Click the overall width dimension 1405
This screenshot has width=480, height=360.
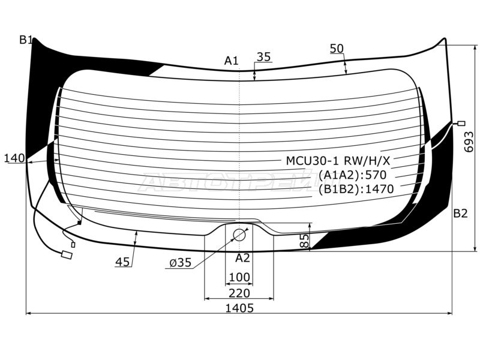pyautogui.click(x=239, y=308)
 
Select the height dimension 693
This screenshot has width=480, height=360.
pyautogui.click(x=469, y=142)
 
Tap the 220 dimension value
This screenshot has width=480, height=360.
pyautogui.click(x=239, y=293)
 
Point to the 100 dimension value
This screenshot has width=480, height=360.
pyautogui.click(x=239, y=277)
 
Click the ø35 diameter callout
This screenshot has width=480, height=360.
pyautogui.click(x=181, y=262)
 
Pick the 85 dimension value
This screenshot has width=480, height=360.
pyautogui.click(x=305, y=241)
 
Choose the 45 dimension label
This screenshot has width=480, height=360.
pyautogui.click(x=123, y=262)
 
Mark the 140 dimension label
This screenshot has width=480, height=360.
pyautogui.click(x=14, y=158)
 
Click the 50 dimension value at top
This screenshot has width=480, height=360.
pyautogui.click(x=337, y=49)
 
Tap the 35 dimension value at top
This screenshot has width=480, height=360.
pyautogui.click(x=263, y=56)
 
